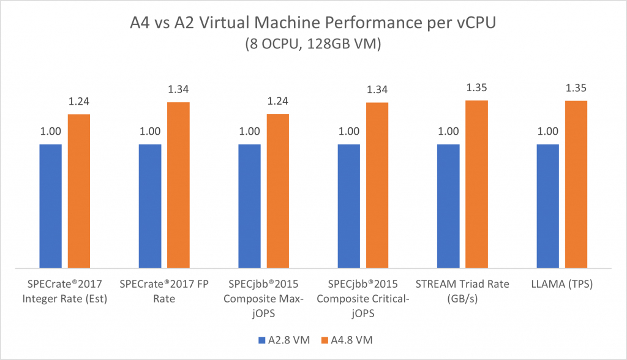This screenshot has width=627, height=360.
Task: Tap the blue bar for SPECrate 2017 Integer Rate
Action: pos(51,206)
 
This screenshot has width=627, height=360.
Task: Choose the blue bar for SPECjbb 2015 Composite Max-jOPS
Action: pos(249,206)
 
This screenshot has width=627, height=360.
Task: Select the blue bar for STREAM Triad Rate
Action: pos(448,206)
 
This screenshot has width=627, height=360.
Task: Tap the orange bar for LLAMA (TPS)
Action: pos(576,184)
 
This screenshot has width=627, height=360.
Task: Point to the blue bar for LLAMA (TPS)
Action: pos(548,206)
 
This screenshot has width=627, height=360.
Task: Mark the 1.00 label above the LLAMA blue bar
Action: pos(548,131)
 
